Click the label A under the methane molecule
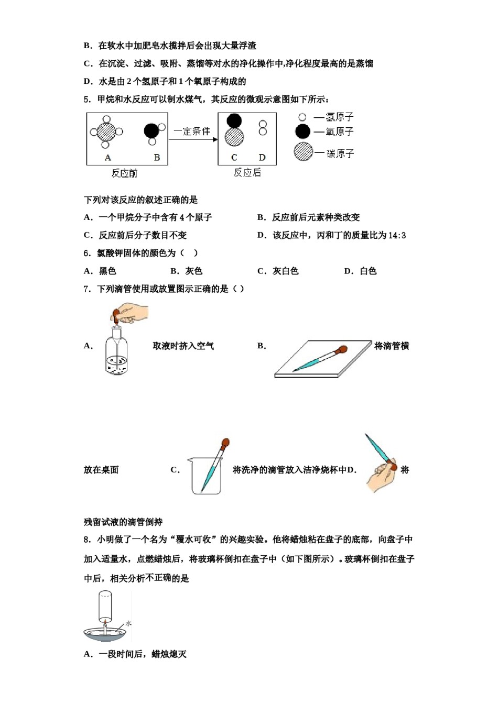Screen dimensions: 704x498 [108, 157]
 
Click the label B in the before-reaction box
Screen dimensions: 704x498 [157, 157]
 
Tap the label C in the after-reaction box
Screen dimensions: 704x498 [234, 157]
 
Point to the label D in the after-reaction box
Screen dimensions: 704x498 [262, 157]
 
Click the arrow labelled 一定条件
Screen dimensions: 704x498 [193, 139]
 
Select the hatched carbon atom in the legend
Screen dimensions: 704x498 [303, 151]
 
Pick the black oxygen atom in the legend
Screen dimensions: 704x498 [302, 131]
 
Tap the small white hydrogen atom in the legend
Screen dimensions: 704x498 [302, 117]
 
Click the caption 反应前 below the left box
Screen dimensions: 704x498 [124, 173]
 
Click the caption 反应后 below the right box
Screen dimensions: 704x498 [247, 173]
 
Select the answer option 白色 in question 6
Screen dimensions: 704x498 [368, 271]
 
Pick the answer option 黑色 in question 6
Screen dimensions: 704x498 [107, 271]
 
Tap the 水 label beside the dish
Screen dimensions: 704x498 [128, 623]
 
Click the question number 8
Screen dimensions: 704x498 [86, 540]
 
